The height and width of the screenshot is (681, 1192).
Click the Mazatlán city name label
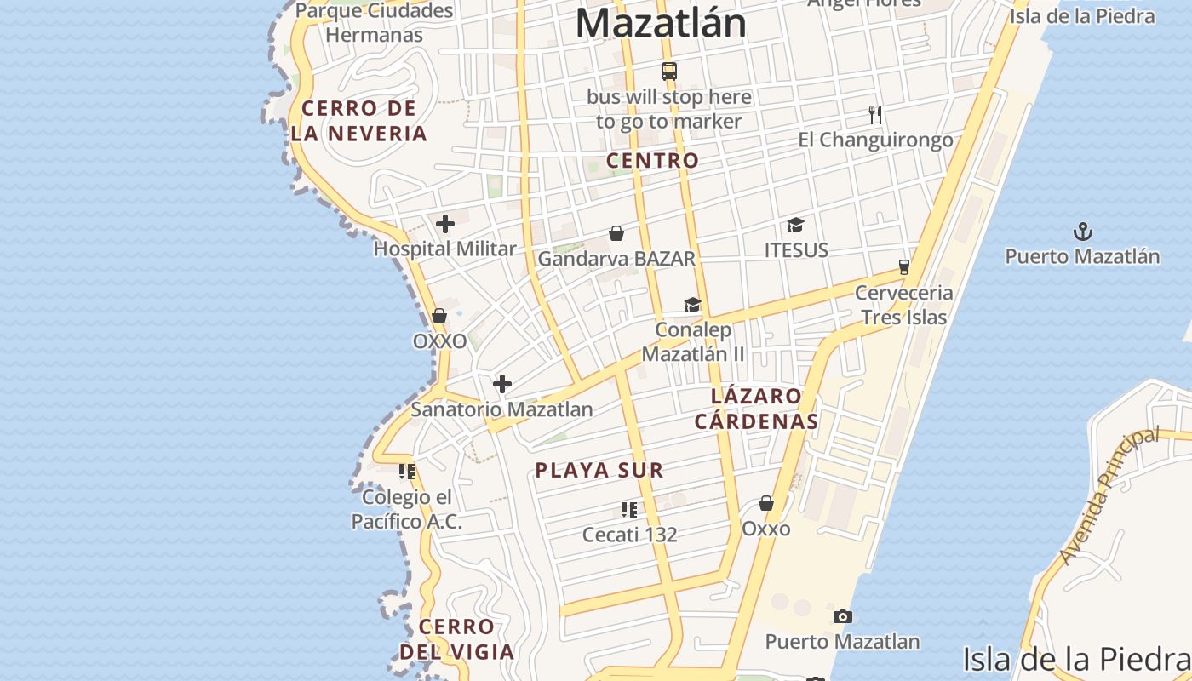[x=661, y=24]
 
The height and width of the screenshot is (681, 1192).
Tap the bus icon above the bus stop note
[x=669, y=72]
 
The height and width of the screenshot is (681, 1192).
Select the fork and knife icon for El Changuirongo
[x=874, y=115]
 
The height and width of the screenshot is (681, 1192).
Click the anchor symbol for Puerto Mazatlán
[x=1082, y=231]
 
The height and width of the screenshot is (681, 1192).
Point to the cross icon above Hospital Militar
[x=444, y=224]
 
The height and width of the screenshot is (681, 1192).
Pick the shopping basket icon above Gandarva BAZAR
[x=616, y=233]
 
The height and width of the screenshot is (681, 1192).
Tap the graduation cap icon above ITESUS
[x=796, y=225]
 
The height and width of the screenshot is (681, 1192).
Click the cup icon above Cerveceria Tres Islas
[x=904, y=266]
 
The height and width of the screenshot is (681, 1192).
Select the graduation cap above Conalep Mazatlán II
[x=693, y=305]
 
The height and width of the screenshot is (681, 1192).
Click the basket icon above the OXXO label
[x=439, y=316]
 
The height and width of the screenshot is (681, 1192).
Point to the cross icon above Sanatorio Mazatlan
[x=502, y=384]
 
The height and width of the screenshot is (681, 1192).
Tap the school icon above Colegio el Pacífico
[x=407, y=471]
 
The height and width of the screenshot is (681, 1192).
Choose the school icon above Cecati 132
[x=629, y=510]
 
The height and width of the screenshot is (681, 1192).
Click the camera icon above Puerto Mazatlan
[x=842, y=616]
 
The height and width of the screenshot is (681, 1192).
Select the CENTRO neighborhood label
[x=652, y=160]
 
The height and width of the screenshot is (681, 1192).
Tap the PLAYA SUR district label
[x=599, y=470]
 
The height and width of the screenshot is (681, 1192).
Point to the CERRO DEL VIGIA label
[x=457, y=639]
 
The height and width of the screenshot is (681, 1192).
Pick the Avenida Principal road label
[x=1109, y=496]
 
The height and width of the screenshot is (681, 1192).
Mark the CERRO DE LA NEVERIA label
[x=358, y=121]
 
